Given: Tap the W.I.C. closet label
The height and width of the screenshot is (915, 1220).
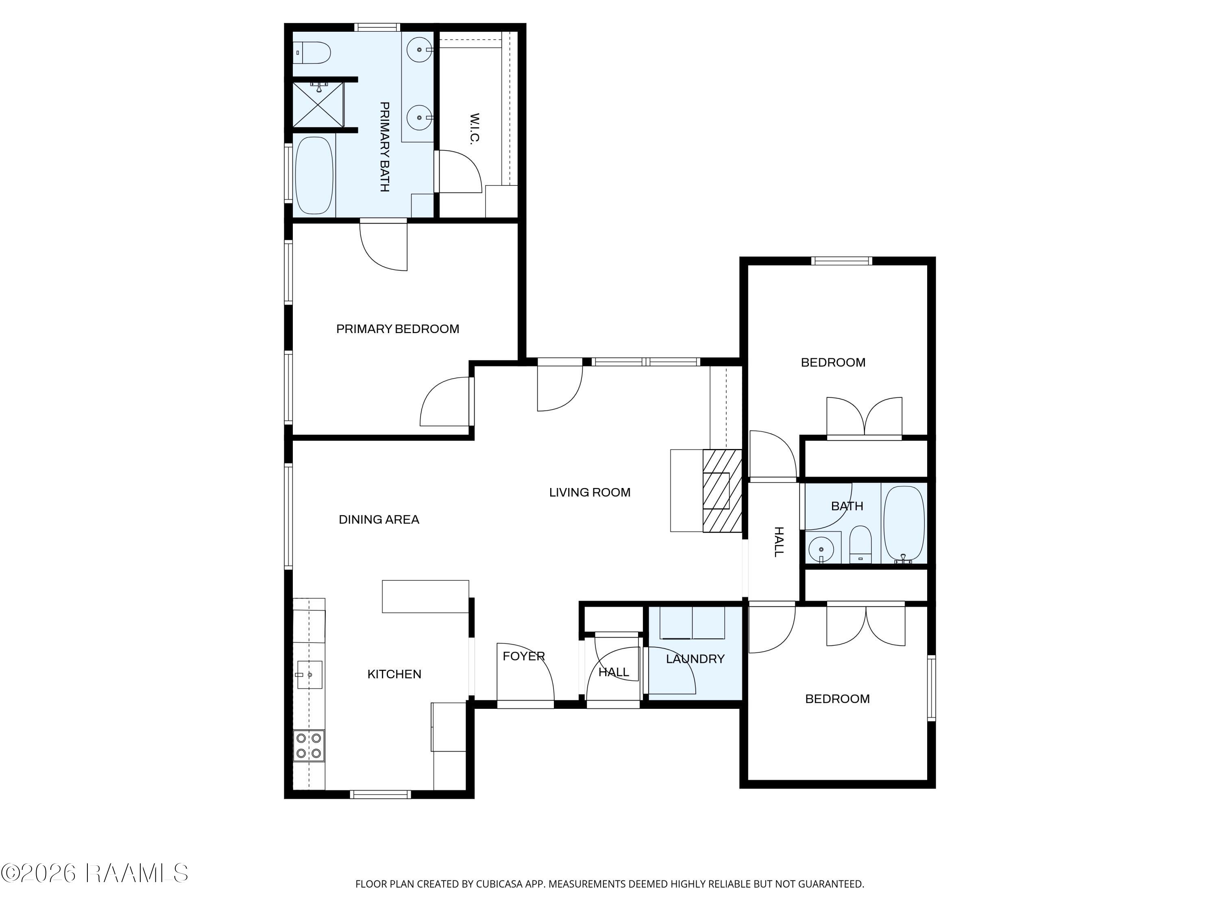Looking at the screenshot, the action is [474, 129].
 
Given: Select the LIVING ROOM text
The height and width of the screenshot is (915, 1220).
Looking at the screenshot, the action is [590, 492].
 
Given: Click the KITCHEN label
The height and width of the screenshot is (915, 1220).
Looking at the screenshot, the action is [394, 674].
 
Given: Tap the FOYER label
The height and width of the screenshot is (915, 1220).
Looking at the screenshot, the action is [524, 656].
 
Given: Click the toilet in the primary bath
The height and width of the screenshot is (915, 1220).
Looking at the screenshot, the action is [312, 53].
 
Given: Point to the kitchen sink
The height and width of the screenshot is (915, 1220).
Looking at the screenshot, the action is [309, 675].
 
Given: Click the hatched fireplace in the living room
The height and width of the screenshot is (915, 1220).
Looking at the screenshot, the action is [722, 491].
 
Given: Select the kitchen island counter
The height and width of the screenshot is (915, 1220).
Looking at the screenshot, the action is [426, 596].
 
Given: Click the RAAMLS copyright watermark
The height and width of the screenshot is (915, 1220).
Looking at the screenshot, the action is [94, 874].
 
